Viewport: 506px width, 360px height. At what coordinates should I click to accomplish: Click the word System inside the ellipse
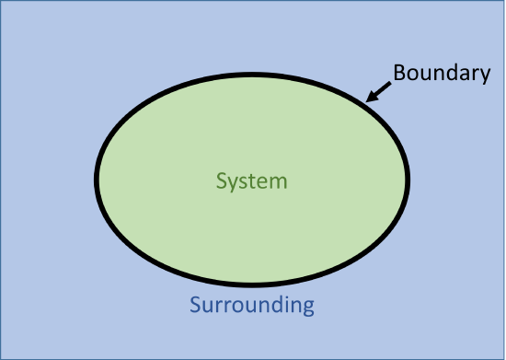coord(252,180)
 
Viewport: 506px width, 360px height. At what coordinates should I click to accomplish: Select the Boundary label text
coord(442,74)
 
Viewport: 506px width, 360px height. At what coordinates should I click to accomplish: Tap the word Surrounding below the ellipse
coord(252,305)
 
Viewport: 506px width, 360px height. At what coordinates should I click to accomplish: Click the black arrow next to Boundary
coord(379,89)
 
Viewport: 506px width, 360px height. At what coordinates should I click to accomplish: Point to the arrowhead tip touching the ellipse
coord(367,99)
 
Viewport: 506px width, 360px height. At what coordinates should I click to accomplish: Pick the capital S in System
coord(221,180)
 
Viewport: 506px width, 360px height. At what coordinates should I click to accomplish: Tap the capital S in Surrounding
coord(195,305)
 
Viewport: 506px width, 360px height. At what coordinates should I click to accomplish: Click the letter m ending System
coord(280,181)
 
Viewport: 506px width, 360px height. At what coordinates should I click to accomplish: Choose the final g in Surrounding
coord(308,308)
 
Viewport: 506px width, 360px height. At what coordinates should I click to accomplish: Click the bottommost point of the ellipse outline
coord(253,282)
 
